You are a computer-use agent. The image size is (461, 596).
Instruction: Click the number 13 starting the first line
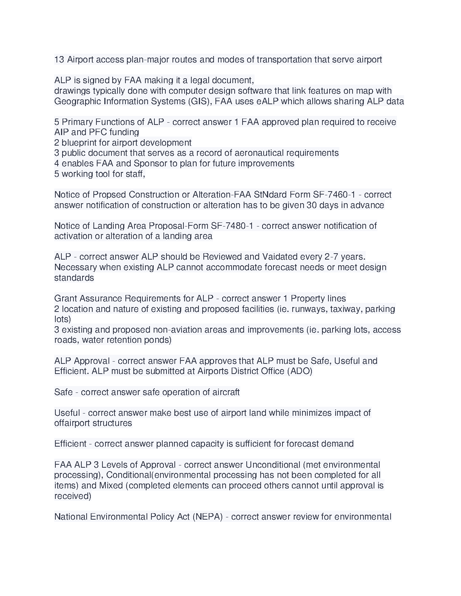point(59,60)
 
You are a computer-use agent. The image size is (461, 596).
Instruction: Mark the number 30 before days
point(312,205)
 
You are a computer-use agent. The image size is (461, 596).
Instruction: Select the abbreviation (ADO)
point(300,371)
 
